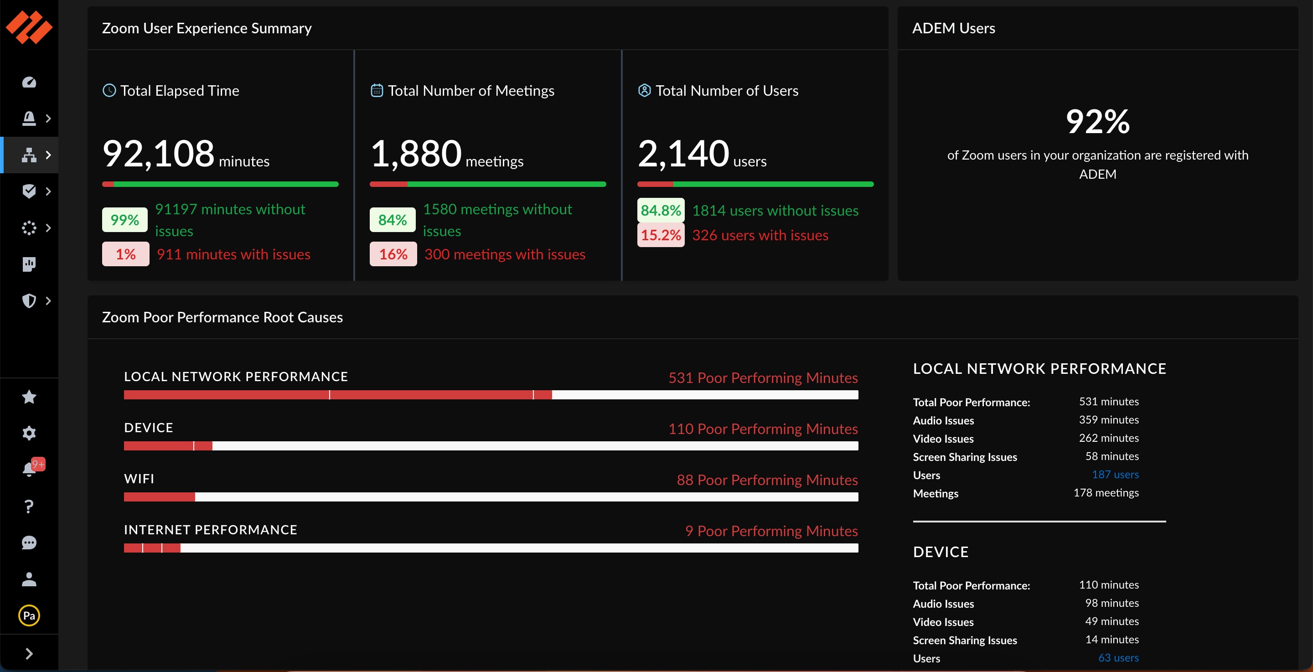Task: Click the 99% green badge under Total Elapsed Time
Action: [x=125, y=220]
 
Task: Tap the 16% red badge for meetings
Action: [x=393, y=254]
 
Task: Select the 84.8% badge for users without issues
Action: [x=661, y=210]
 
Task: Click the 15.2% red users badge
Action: [x=661, y=235]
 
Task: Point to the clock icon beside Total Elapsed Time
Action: [x=109, y=91]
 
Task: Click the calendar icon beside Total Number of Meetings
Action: [x=377, y=91]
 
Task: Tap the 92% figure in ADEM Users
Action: [x=1097, y=121]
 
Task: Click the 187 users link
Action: [x=1115, y=475]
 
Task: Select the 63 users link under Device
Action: [x=1118, y=658]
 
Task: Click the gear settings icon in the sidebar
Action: [x=29, y=433]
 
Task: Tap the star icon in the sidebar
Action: [x=29, y=397]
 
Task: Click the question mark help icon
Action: [x=29, y=507]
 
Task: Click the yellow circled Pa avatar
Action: [x=29, y=615]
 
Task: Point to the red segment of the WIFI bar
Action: [x=159, y=496]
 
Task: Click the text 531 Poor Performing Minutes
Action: [x=763, y=378]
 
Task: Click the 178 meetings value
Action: [x=1106, y=493]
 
